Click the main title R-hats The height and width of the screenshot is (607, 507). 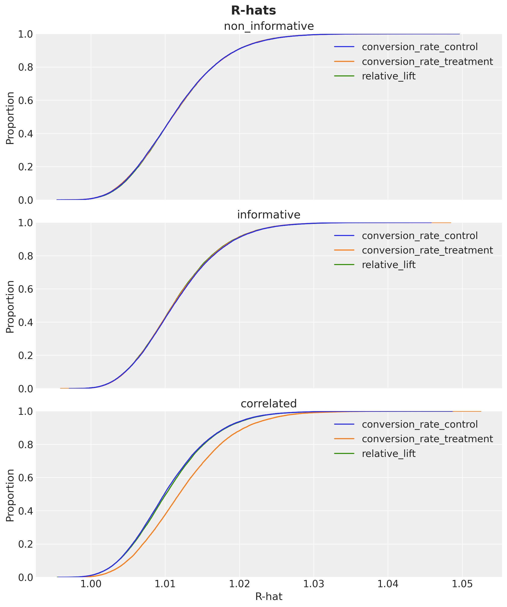[x=253, y=11]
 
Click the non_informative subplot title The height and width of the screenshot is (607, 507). [x=269, y=26]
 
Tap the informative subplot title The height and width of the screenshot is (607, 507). [x=269, y=215]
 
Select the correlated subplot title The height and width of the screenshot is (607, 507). [x=269, y=404]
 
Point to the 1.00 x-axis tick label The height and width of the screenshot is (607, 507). [x=91, y=584]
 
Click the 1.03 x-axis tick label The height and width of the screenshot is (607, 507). [x=314, y=584]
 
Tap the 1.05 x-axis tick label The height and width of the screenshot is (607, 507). [x=462, y=584]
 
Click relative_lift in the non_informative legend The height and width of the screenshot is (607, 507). [x=388, y=76]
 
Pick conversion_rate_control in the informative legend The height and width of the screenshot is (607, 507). [x=420, y=236]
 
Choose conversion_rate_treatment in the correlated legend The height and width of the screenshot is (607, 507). [x=427, y=439]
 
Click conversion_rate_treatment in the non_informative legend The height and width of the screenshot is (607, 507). [x=427, y=62]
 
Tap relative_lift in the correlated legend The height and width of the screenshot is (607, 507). [x=388, y=453]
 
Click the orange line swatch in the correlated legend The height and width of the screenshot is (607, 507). [x=344, y=439]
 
